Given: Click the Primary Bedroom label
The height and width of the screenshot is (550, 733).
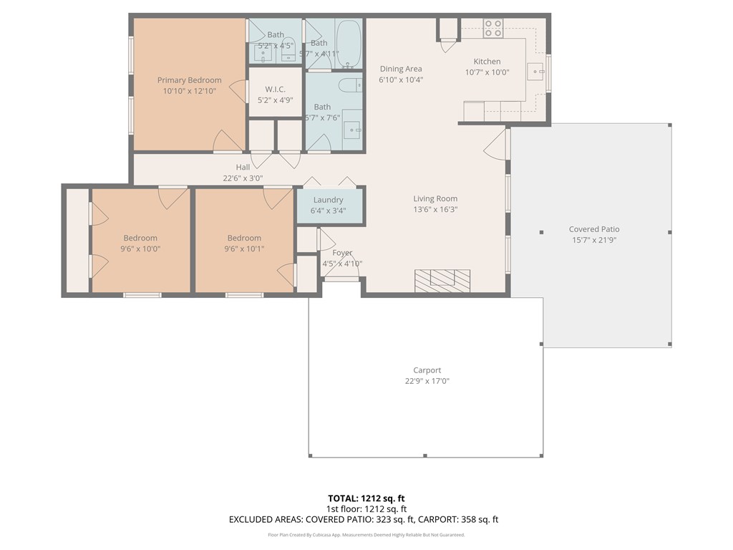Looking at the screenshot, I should tap(189, 80).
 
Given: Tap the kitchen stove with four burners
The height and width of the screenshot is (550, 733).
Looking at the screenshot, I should tap(492, 28).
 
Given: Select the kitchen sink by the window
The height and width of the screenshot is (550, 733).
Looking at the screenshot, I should tap(535, 71).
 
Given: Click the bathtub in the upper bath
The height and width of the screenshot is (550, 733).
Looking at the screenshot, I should tap(349, 43).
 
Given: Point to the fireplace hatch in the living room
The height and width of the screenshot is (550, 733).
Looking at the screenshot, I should tap(443, 279).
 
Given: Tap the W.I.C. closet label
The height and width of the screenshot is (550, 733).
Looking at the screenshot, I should tap(276, 89).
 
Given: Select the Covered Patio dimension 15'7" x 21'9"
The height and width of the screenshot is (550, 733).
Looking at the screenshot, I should tap(594, 240).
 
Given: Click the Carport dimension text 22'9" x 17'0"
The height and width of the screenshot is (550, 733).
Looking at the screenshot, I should tap(427, 381).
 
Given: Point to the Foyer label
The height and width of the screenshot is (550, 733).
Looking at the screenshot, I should tap(342, 253).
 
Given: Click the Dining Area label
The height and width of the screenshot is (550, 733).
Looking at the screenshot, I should tap(401, 69).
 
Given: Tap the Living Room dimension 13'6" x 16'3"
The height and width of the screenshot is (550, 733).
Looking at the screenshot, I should tap(435, 209).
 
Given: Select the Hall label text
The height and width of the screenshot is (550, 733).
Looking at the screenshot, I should tap(243, 168).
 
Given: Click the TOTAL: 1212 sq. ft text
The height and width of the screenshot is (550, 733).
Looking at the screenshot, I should tap(366, 498).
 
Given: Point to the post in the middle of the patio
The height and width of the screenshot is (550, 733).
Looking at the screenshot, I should tap(541, 232).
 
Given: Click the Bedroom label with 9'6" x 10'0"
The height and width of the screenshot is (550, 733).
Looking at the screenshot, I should tap(140, 238).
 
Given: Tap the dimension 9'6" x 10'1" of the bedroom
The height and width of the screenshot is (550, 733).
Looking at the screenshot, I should tap(244, 249).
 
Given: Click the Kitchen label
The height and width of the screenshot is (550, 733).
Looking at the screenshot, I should tap(487, 62).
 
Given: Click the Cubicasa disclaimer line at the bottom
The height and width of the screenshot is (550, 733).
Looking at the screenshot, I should tap(366, 535).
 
